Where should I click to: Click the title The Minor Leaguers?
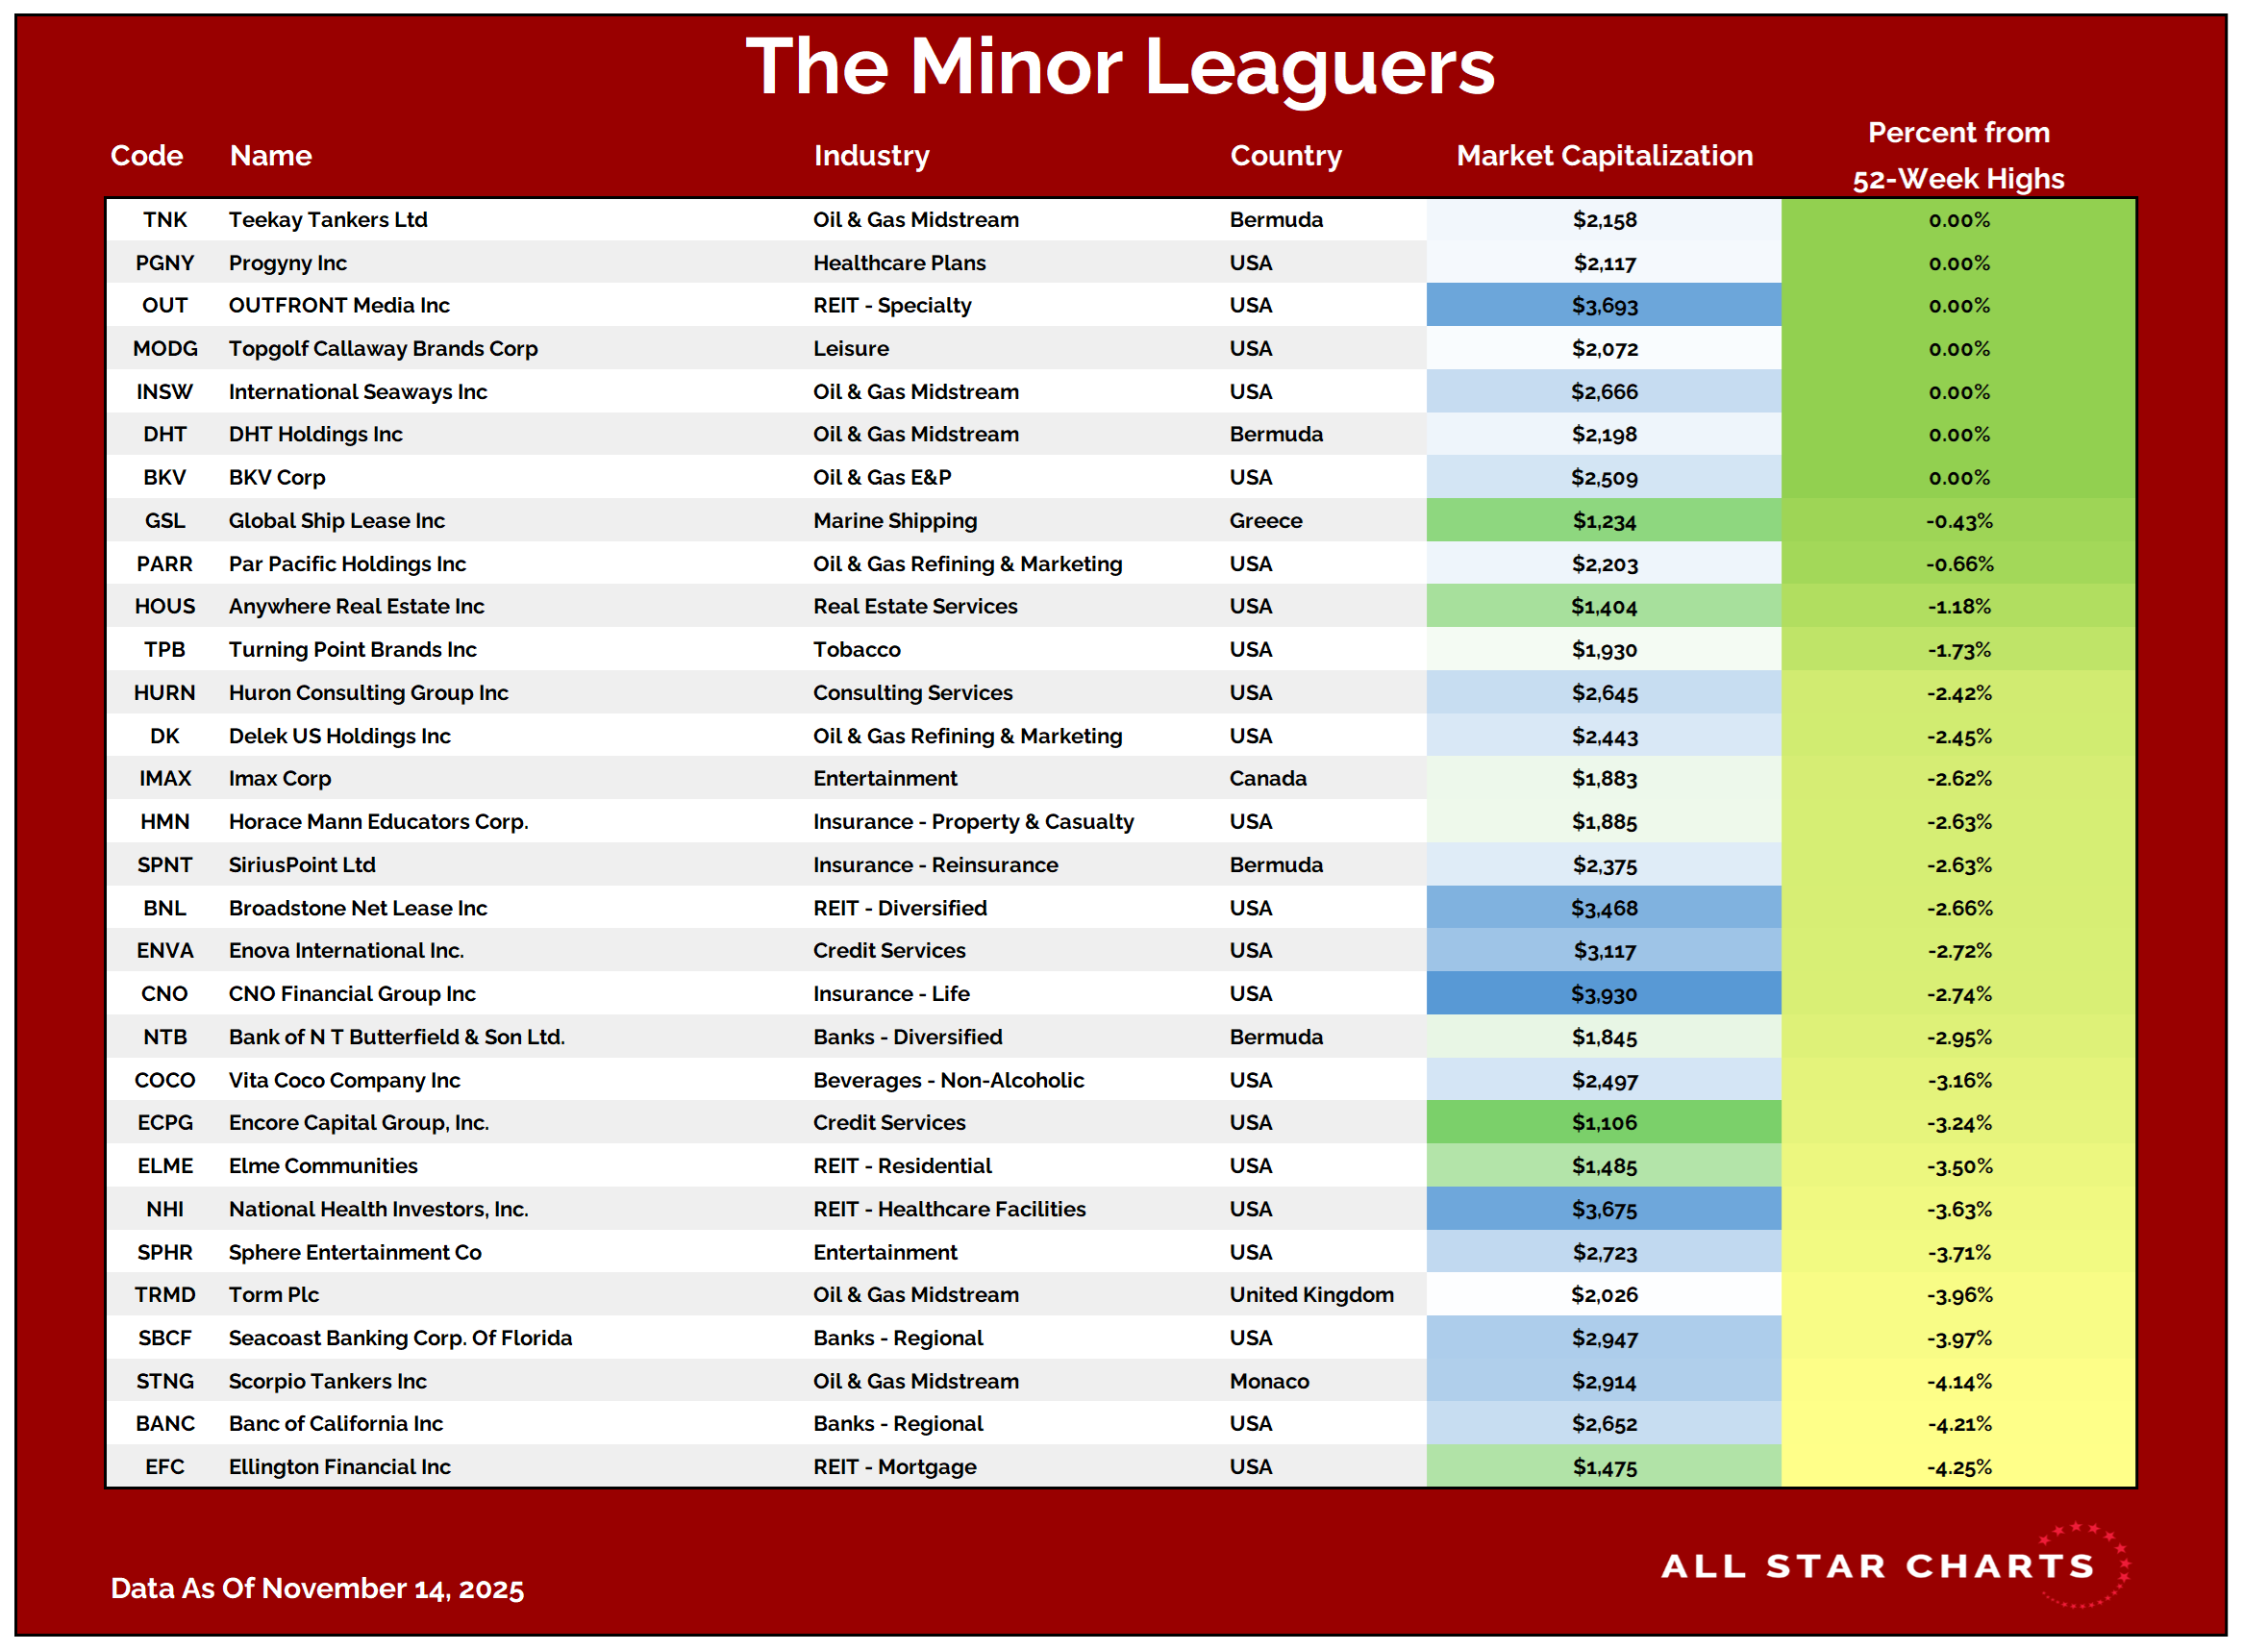click(x=1120, y=67)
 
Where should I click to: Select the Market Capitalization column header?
click(x=1604, y=156)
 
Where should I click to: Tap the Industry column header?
click(x=871, y=156)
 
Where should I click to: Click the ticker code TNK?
click(x=164, y=220)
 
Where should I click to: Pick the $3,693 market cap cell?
click(x=1604, y=306)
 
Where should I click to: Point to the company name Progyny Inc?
click(x=287, y=263)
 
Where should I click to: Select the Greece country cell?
click(x=1266, y=520)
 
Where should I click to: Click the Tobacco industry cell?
click(x=857, y=650)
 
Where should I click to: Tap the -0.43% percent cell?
click(x=1958, y=520)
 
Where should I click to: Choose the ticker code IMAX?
click(x=164, y=779)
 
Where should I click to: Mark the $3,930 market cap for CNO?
click(x=1604, y=994)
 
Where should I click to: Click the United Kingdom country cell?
click(x=1310, y=1295)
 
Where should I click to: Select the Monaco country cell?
click(x=1269, y=1381)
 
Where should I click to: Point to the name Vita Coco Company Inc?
click(x=343, y=1081)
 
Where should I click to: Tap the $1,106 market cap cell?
click(x=1604, y=1123)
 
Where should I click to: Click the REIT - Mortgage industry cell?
click(x=894, y=1467)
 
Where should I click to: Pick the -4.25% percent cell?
click(x=1958, y=1467)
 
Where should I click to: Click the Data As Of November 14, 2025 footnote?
click(x=316, y=1588)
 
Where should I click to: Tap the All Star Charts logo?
click(x=1893, y=1565)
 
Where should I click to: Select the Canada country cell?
click(x=1268, y=779)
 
